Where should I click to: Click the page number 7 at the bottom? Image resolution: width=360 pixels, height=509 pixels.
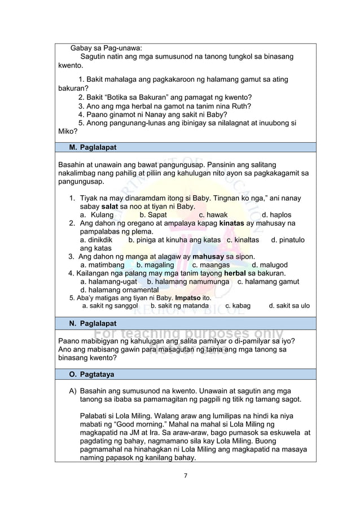tap(185, 475)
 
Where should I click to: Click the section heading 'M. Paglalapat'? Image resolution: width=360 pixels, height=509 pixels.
tap(93, 147)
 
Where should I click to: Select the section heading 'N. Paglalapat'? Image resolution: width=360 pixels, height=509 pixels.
tap(93, 323)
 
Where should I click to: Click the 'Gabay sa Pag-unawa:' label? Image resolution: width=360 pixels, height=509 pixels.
tap(106, 47)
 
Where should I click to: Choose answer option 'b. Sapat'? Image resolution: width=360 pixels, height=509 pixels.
tap(153, 215)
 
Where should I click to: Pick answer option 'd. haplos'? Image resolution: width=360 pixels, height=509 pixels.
tap(276, 215)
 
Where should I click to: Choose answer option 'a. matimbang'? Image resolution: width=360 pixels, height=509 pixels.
tap(102, 265)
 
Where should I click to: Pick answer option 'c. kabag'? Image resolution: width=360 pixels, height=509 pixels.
tap(238, 306)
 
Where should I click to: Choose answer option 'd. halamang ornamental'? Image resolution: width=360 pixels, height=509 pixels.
tap(119, 289)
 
